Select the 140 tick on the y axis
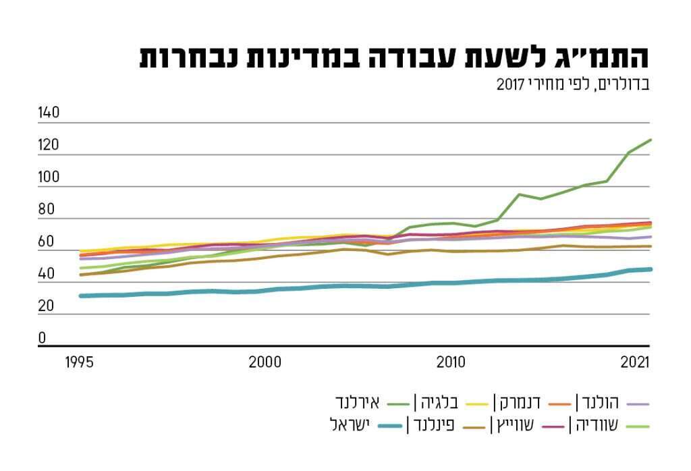(x=49, y=113)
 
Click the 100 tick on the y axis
(x=49, y=177)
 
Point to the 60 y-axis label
(x=46, y=242)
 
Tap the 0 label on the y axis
(x=42, y=338)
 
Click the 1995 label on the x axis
(x=80, y=362)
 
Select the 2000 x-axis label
(x=265, y=362)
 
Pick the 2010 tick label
(x=451, y=362)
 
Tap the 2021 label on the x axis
(x=635, y=362)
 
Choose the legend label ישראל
(x=355, y=426)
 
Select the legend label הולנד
(x=600, y=403)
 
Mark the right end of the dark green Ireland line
(x=651, y=140)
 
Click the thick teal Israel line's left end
(x=80, y=296)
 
